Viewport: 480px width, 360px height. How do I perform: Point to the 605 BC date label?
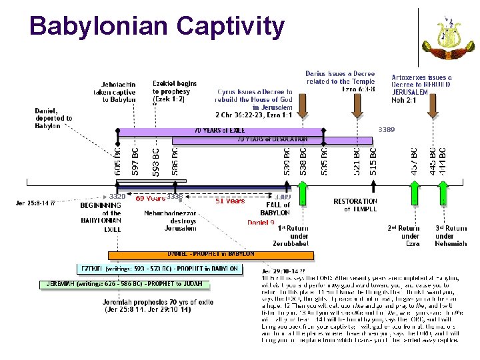118,161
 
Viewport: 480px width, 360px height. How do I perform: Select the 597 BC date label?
135,161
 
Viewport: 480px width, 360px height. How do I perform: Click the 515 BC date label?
373,161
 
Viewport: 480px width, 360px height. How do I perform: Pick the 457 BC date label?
414,161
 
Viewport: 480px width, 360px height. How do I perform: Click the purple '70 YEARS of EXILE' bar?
220,131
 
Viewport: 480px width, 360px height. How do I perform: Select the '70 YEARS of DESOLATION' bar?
267,140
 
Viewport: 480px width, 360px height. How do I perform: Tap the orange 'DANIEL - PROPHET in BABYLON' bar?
181,254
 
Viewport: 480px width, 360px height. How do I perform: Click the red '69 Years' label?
150,198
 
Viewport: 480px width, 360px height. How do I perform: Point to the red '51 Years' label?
230,200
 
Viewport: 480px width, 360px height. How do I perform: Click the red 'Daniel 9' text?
261,223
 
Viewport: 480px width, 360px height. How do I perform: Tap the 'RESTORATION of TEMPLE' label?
355,205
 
